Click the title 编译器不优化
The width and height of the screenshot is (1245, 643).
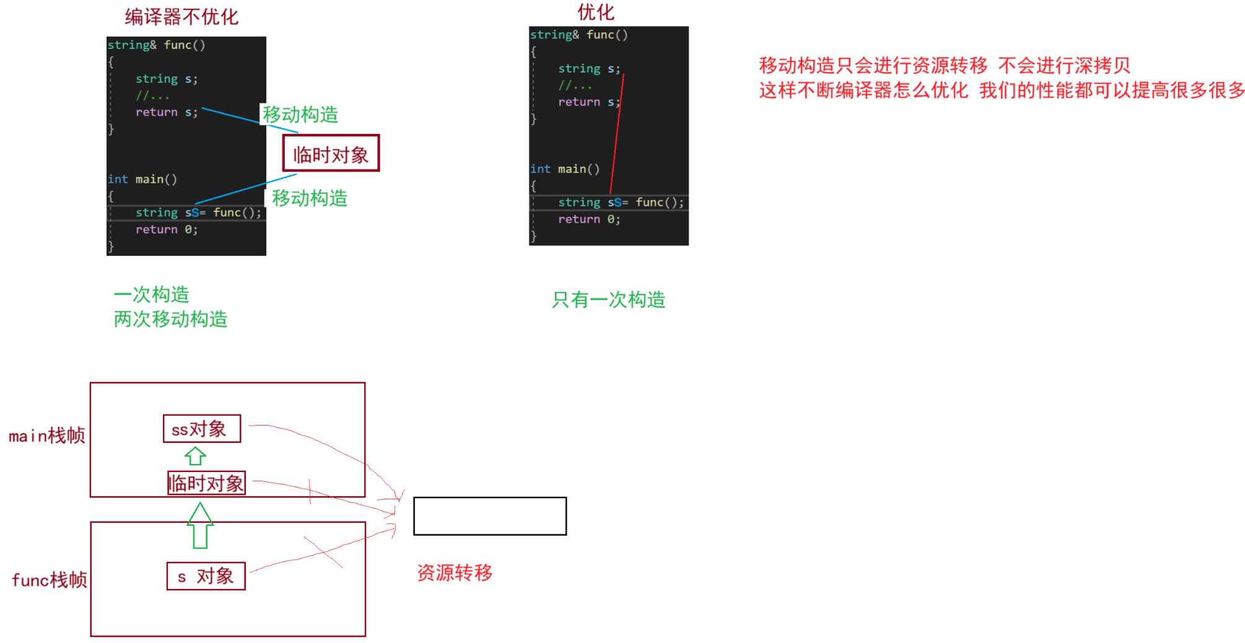click(181, 17)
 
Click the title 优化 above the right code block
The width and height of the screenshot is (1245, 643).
click(595, 12)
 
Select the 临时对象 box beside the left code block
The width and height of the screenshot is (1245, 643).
click(331, 154)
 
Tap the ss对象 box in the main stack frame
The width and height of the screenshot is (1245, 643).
click(201, 429)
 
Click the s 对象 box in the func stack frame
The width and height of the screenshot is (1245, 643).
click(206, 576)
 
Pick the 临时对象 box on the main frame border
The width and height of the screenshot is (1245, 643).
click(206, 483)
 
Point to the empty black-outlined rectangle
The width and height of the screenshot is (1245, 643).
click(489, 516)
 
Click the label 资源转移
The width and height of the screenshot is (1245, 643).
click(455, 572)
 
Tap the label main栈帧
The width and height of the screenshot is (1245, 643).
click(47, 435)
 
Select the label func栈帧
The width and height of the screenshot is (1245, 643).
click(50, 580)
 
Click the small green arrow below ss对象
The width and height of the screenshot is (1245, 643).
click(195, 456)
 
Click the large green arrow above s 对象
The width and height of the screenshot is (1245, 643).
click(200, 525)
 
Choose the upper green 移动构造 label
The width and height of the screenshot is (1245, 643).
click(300, 115)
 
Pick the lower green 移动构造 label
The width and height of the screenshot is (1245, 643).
click(310, 198)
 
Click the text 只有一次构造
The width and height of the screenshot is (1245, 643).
click(608, 300)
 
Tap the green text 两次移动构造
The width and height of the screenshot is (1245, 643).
click(170, 319)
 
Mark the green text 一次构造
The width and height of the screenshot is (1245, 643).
click(151, 294)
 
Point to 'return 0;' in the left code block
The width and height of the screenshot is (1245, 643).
click(167, 230)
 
